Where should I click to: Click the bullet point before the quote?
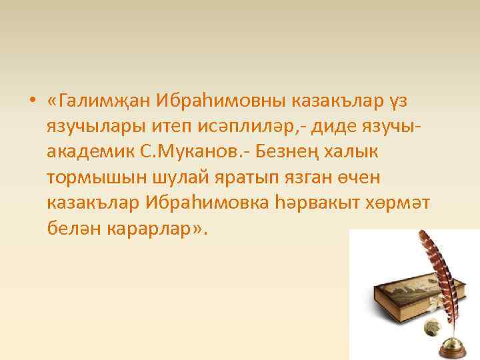point(32,102)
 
